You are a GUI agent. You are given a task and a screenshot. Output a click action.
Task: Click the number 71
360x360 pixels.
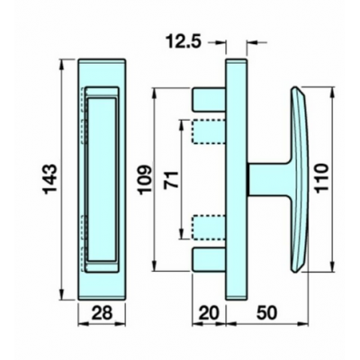[x=166, y=179]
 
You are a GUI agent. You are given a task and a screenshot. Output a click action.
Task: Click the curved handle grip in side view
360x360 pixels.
[x=301, y=178]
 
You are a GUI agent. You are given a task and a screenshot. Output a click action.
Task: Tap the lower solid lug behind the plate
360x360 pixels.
[x=208, y=258]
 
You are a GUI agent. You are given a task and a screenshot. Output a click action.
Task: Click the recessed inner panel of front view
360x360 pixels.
[x=103, y=179]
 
